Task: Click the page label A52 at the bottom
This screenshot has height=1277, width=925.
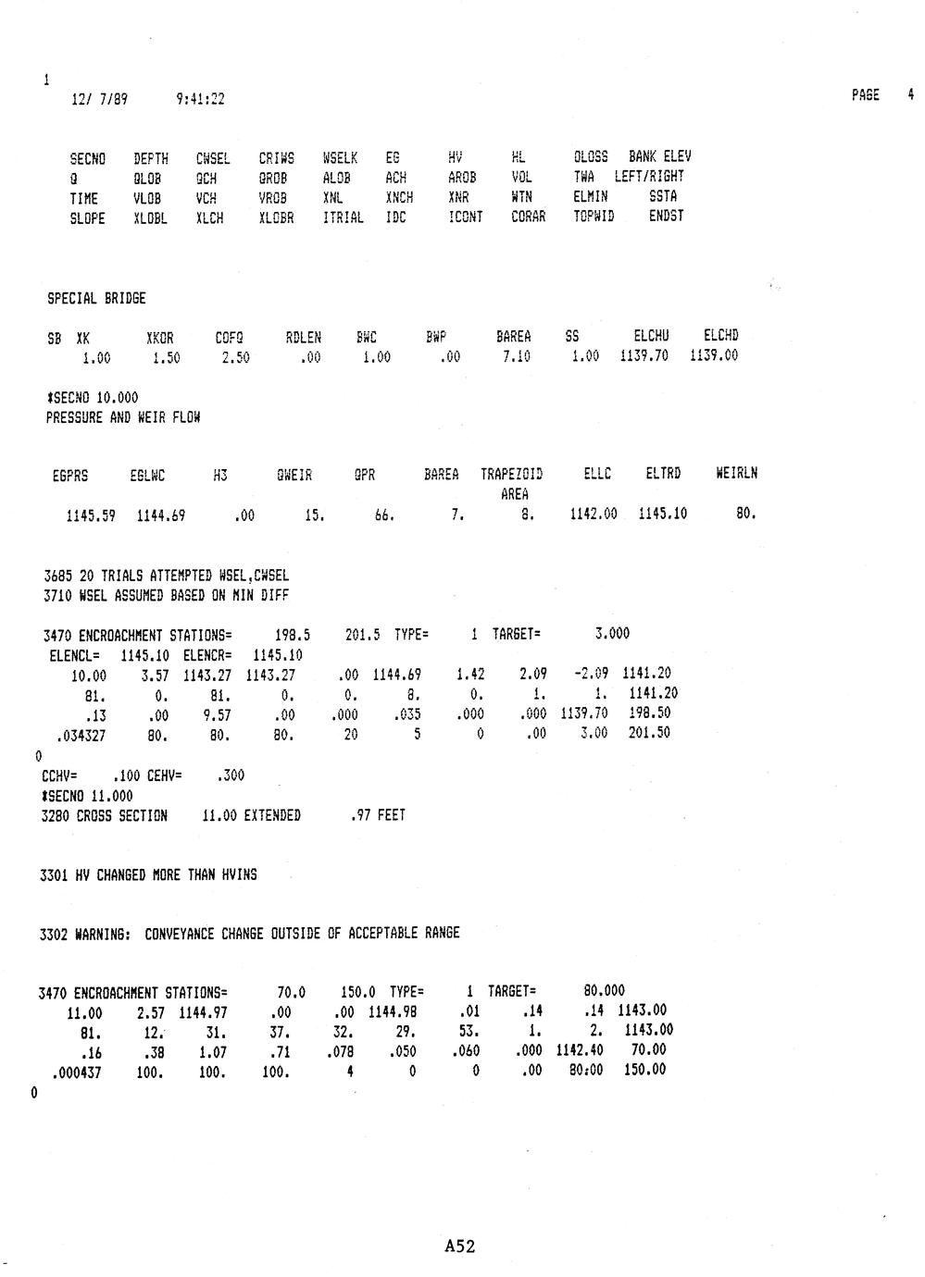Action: (x=459, y=1246)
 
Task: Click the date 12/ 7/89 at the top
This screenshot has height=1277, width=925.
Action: (x=99, y=99)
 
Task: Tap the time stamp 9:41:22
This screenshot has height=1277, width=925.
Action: (x=200, y=99)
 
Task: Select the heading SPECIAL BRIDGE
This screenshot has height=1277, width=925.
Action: (x=96, y=299)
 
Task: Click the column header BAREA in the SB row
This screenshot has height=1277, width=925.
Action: (x=514, y=337)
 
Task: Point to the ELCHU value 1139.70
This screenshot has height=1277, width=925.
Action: (x=644, y=356)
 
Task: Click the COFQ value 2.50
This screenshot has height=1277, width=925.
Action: (x=235, y=357)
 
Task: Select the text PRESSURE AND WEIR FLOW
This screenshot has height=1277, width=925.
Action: (x=123, y=417)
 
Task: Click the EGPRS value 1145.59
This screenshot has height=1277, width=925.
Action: (x=91, y=515)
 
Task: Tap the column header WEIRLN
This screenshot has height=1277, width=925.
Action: (x=736, y=474)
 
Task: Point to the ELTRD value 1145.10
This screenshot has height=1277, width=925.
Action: (x=662, y=515)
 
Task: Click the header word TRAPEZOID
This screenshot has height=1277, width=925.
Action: (x=511, y=475)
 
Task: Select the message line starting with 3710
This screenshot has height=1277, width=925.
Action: (x=167, y=596)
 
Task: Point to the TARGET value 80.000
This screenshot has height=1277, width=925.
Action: (x=605, y=991)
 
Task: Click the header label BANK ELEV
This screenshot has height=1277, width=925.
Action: (x=659, y=157)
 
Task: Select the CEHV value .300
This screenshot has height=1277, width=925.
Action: (x=230, y=775)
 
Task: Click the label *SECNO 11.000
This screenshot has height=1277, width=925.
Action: (x=87, y=796)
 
